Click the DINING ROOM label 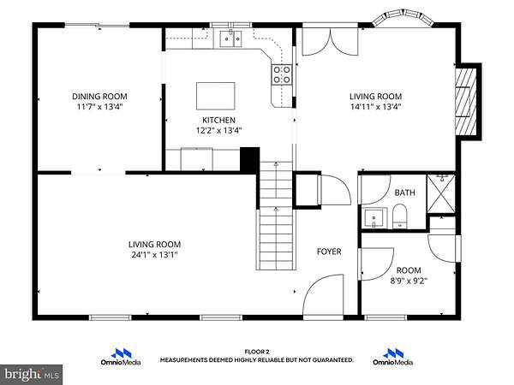[x=99, y=96]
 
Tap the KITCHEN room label [x=218, y=120]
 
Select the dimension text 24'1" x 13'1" [x=154, y=255]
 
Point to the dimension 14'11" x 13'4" [x=376, y=107]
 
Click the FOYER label [x=329, y=252]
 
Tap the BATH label [x=404, y=192]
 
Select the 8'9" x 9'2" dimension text [x=409, y=281]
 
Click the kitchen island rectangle [x=215, y=96]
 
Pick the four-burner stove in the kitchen [x=282, y=74]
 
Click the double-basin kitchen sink [x=230, y=39]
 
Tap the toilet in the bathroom [x=399, y=216]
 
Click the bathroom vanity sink [x=374, y=217]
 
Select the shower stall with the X [x=441, y=193]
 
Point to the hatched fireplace [x=465, y=102]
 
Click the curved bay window [x=403, y=17]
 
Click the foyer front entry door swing [x=324, y=297]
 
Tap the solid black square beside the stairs [x=250, y=159]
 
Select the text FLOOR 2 [x=257, y=352]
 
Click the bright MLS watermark [x=31, y=374]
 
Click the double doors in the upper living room [x=330, y=42]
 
